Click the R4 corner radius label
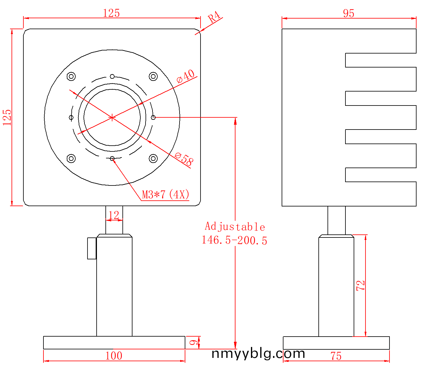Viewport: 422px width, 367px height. (x=214, y=17)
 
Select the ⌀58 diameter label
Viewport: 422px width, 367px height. (x=184, y=159)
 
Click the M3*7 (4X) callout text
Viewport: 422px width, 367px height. (x=165, y=194)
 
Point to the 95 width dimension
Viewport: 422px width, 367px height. (x=348, y=13)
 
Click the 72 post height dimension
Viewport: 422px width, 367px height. (x=361, y=286)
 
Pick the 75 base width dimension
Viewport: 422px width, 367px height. (x=336, y=356)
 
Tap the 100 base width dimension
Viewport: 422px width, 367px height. (x=114, y=356)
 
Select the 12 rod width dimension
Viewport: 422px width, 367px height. (x=114, y=215)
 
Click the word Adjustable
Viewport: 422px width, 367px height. (x=235, y=227)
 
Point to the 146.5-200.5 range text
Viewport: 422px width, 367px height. (x=235, y=240)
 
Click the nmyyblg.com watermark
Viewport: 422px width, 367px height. (x=258, y=354)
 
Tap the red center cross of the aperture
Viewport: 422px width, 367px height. (x=112, y=118)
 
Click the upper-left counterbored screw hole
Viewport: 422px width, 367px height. (x=71, y=77)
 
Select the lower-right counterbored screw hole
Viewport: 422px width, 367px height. (x=153, y=158)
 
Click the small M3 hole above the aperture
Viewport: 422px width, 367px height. (x=112, y=77)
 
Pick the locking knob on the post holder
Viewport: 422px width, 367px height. (x=92, y=248)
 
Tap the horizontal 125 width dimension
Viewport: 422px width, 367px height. (x=112, y=13)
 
